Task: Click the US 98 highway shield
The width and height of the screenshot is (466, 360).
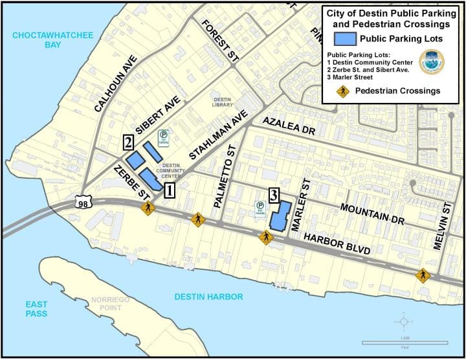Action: (83, 202)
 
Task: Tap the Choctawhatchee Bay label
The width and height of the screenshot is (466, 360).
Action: (44, 39)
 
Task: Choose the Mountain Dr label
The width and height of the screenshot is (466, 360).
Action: (372, 214)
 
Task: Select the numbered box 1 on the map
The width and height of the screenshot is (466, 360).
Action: (169, 190)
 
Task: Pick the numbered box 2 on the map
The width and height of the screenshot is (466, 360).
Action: (129, 142)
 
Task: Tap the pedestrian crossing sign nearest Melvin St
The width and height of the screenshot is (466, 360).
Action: (423, 276)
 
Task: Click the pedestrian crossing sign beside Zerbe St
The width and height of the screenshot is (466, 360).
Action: (149, 208)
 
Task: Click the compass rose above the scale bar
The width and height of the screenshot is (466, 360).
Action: (405, 321)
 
